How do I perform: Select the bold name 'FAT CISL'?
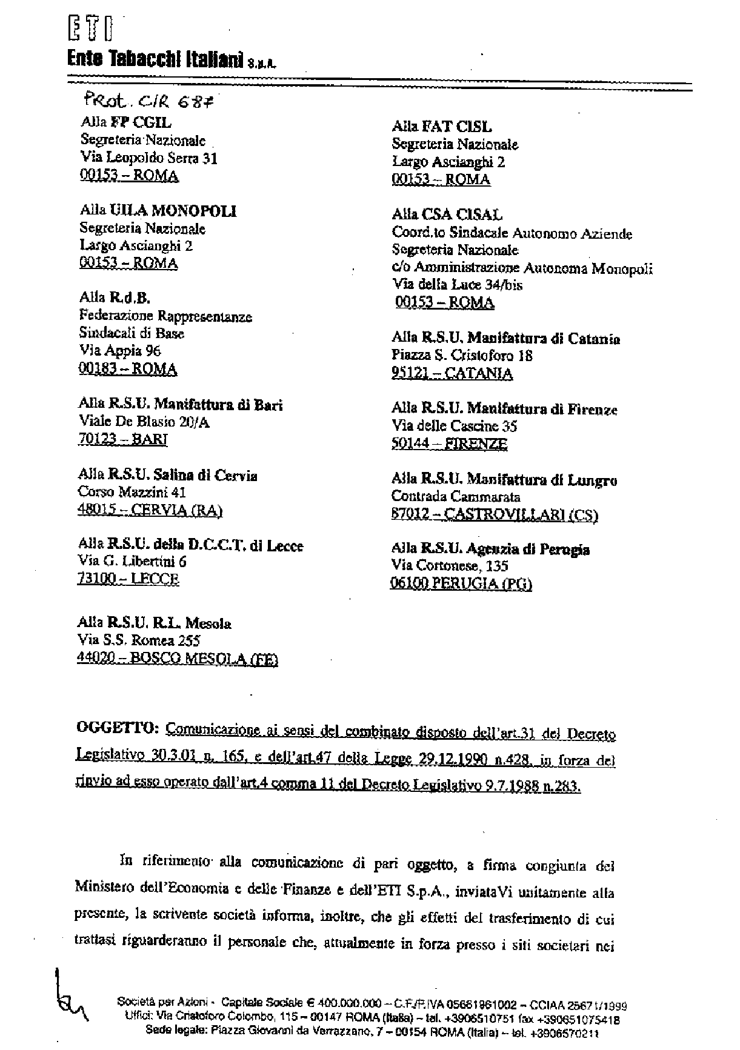coord(462,127)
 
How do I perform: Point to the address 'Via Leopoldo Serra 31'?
coord(148,158)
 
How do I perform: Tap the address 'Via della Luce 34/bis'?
coord(457,284)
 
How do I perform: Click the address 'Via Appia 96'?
coord(120,350)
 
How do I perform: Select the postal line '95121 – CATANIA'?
coord(452,373)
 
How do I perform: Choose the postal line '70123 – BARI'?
coord(122,439)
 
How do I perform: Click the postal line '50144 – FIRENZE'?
coord(449,444)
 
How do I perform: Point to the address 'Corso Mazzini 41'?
coord(132,492)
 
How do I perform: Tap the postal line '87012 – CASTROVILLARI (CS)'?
coord(495,515)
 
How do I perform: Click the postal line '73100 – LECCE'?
coord(128,579)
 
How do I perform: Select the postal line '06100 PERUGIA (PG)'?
coord(462,584)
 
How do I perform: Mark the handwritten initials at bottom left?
coord(68,998)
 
